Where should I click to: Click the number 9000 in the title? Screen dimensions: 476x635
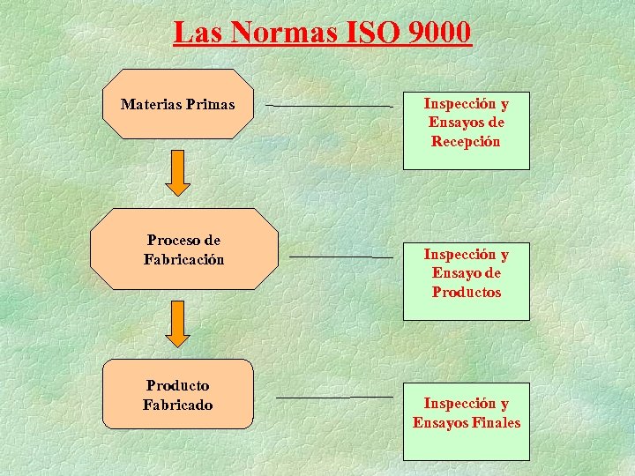tap(440, 33)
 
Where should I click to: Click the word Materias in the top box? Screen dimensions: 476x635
tap(151, 105)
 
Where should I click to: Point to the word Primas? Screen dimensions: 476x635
tap(211, 105)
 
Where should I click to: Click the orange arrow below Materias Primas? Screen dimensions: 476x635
tap(178, 173)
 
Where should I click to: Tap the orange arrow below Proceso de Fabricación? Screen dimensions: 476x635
tap(178, 324)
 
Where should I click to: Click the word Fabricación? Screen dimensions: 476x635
tap(183, 259)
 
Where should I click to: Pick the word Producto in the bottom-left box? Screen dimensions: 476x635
tap(177, 385)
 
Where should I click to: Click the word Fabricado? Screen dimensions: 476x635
tap(177, 405)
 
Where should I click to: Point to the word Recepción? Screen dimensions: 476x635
tap(466, 141)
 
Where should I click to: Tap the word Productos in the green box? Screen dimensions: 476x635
tap(466, 292)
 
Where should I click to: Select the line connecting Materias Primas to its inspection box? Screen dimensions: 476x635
tap(329, 106)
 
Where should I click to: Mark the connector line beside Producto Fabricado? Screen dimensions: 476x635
tap(334, 397)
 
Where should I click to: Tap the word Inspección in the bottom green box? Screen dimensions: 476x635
tap(466, 403)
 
